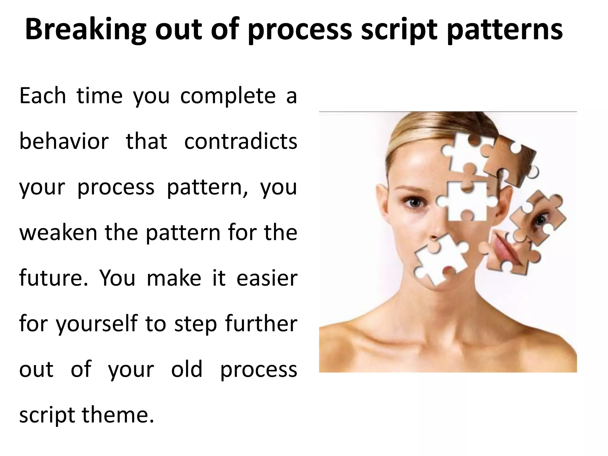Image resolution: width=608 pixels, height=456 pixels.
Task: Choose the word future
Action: coord(53,278)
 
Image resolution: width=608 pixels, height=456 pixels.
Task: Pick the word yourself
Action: coord(97,324)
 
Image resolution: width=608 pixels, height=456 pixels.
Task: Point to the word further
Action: coord(261,324)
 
